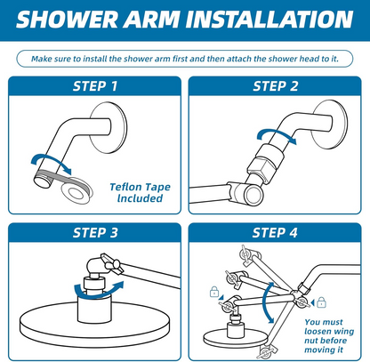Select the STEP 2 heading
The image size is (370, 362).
[x=277, y=86]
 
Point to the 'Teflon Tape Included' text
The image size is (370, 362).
[x=137, y=192]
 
